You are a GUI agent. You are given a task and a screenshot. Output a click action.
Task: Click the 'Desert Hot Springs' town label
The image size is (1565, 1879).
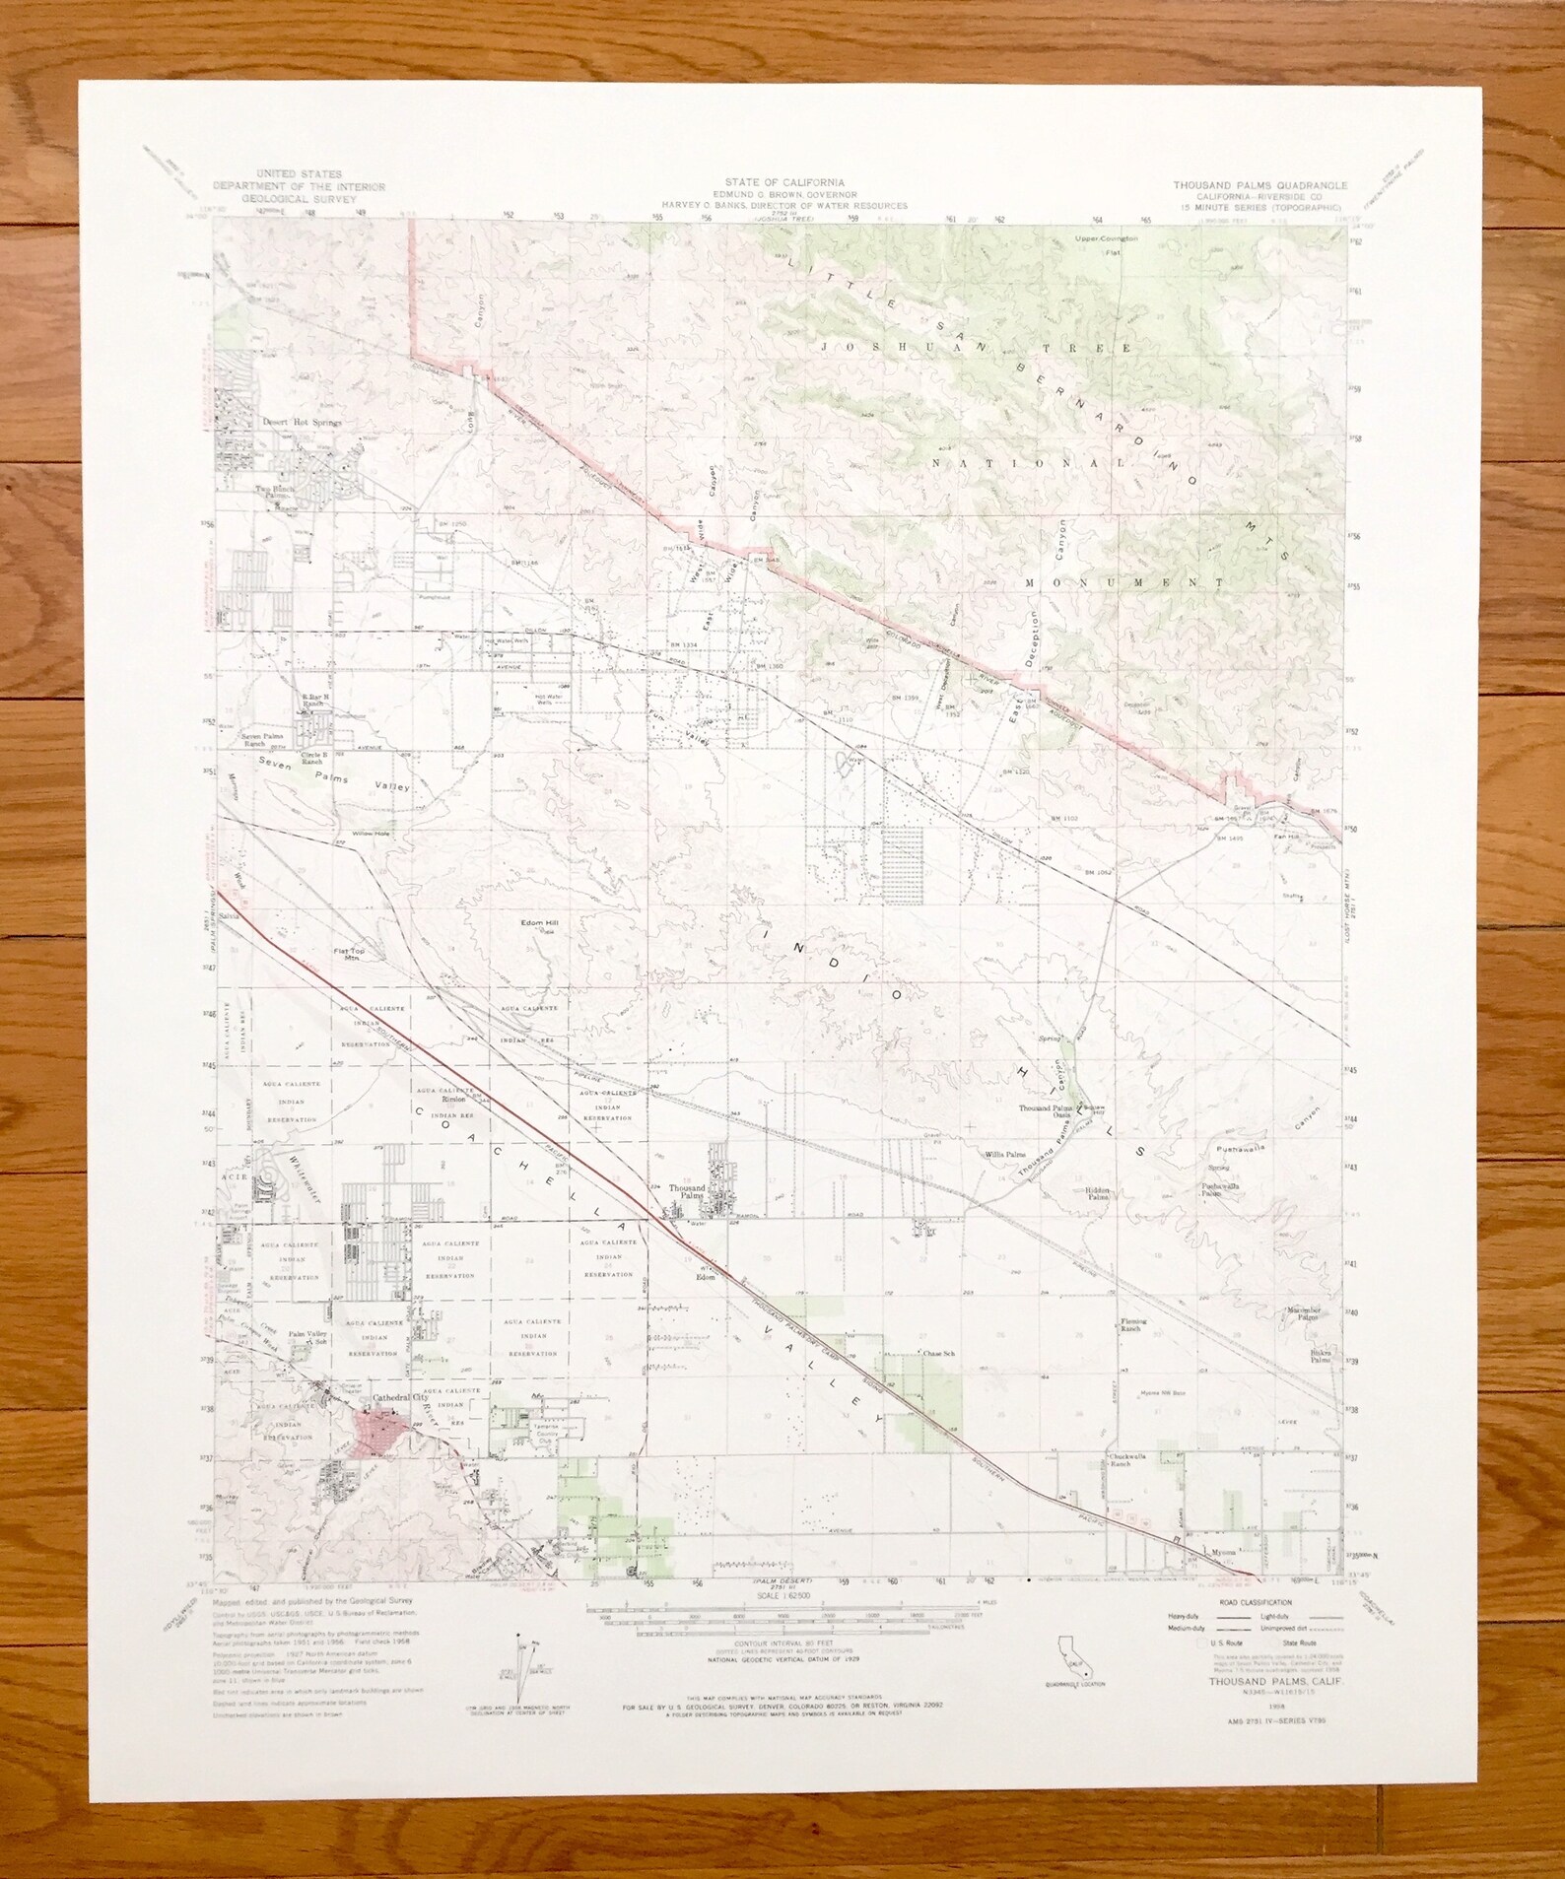tap(302, 423)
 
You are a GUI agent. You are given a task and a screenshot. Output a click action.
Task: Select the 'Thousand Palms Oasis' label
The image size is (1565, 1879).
tap(1048, 1111)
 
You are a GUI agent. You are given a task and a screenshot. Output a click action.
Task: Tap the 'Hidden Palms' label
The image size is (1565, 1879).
tap(1097, 1193)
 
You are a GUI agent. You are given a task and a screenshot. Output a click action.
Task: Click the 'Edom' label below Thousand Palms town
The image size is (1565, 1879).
tap(705, 1277)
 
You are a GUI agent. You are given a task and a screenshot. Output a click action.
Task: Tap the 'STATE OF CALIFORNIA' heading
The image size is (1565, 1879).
tap(784, 182)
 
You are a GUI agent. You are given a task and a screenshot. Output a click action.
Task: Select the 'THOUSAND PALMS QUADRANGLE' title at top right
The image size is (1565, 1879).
tap(1259, 185)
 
